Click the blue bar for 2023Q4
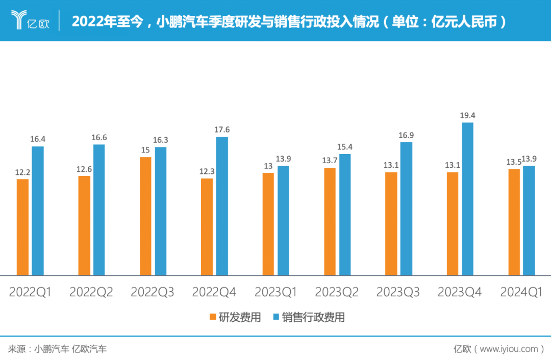coord(467,199)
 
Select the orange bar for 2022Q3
coord(145,216)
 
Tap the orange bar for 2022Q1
coord(22,227)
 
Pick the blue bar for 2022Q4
coord(222,206)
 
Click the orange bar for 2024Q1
coord(514,222)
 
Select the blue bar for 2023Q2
coord(345,215)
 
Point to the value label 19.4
coord(467,116)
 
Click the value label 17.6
coord(222,130)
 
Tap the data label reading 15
coord(145,150)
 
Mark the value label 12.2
coord(22,172)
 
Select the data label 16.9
coord(406,135)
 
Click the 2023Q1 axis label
coord(275,292)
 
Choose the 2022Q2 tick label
coord(91,292)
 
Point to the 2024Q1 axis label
coord(521,292)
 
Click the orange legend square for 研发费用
coord(213,318)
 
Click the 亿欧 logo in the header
coord(31,21)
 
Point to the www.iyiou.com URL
coord(509,349)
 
